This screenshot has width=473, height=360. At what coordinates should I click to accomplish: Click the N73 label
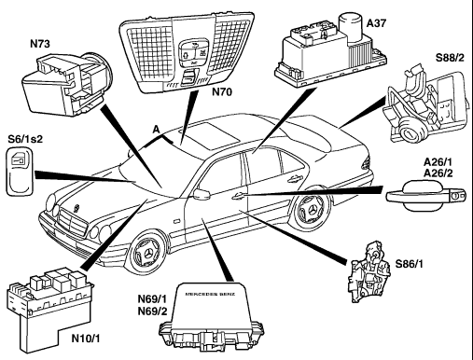point(40,44)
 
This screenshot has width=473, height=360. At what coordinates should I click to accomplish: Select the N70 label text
point(222,92)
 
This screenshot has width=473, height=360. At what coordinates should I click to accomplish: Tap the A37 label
point(376,23)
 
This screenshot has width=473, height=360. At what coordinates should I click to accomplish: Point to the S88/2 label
point(450,58)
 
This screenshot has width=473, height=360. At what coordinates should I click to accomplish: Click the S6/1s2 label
point(25,139)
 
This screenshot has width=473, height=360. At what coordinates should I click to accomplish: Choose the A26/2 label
point(438,173)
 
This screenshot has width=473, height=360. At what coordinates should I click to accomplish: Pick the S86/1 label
point(410,264)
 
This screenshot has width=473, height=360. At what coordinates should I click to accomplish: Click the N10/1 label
point(86,339)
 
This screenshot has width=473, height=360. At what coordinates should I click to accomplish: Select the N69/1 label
point(152,299)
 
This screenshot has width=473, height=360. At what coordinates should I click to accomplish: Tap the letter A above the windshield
point(156,130)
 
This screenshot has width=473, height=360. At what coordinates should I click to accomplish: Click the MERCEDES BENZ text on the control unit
point(210,294)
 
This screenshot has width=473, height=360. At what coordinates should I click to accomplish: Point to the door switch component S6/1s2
point(20,172)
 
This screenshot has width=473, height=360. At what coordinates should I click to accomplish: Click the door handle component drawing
point(425,196)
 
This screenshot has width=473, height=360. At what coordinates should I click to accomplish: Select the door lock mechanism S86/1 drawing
point(369,272)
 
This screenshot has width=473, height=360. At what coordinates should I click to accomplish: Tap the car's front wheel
point(146,255)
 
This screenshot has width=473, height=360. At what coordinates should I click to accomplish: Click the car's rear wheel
point(311,212)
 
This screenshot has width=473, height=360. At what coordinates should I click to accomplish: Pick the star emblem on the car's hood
point(76,208)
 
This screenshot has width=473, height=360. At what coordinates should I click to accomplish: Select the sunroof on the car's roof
point(208,134)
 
